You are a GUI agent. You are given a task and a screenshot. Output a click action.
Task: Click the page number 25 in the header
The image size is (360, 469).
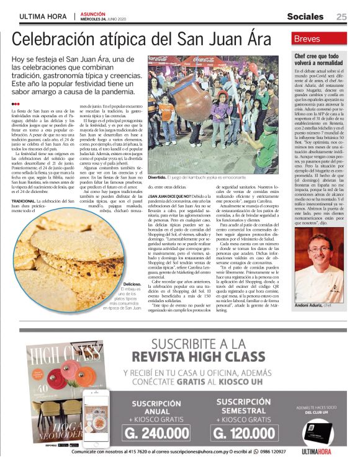[x=341, y=16]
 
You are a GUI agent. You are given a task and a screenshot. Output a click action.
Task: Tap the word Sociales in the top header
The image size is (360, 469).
[x=305, y=16]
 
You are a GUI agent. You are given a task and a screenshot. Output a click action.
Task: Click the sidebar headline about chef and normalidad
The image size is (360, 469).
[x=320, y=60]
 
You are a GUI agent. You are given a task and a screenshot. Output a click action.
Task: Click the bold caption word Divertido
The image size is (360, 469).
[x=157, y=177]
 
